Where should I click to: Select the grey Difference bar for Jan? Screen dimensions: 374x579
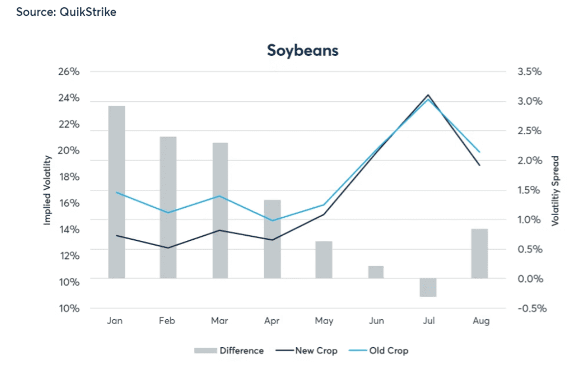116,191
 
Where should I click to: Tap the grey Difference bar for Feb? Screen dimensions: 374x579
168,207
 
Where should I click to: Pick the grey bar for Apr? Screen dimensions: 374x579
272,239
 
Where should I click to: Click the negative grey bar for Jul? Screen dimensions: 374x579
428,287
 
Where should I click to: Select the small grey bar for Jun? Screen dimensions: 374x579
376,272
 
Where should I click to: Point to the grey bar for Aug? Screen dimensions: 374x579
480,253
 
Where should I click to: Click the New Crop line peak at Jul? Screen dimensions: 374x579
428,95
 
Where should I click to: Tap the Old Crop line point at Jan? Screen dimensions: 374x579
116,193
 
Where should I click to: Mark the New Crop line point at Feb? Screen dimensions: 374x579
168,248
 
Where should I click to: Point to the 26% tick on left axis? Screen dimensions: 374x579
69,72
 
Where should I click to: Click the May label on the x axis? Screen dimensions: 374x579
324,321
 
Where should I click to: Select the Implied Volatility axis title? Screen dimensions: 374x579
47,190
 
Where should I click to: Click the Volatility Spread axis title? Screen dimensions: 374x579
554,190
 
